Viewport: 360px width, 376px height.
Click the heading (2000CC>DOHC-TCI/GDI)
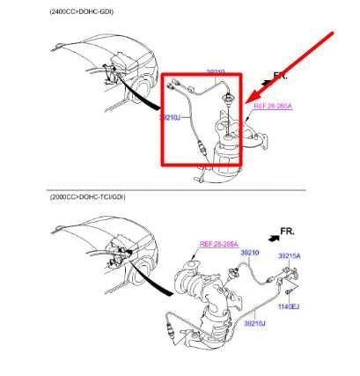pyautogui.click(x=88, y=197)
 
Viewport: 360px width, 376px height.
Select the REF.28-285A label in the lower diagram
pyautogui.click(x=217, y=245)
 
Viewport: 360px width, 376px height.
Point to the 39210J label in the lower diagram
pyautogui.click(x=254, y=323)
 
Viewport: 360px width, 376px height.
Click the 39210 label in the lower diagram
pyautogui.click(x=250, y=254)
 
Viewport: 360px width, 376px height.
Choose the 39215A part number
pyautogui.click(x=289, y=255)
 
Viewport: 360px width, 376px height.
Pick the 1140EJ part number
pyautogui.click(x=290, y=306)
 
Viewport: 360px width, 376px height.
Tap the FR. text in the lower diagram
pyautogui.click(x=287, y=231)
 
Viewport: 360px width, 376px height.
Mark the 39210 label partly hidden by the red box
pyautogui.click(x=216, y=71)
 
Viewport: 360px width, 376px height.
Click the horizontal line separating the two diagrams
pyautogui.click(x=176, y=189)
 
